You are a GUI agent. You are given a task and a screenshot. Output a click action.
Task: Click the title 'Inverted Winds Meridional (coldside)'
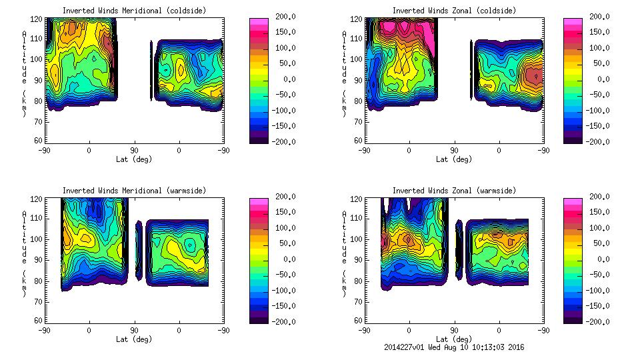[134, 11]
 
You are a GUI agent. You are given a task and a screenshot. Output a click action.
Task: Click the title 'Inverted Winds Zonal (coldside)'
[453, 11]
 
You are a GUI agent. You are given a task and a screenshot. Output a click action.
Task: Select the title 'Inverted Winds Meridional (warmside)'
[134, 191]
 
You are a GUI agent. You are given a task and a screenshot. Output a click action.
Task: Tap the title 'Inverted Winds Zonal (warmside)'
[453, 191]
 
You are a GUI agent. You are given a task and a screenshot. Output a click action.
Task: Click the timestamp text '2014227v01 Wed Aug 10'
[437, 347]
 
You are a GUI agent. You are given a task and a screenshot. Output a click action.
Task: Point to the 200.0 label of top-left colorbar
[283, 17]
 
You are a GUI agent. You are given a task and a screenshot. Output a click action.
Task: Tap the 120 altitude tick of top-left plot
[37, 19]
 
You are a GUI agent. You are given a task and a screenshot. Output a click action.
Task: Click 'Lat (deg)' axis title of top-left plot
[134, 159]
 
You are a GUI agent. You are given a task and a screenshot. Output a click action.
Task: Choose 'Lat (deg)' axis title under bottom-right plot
[453, 339]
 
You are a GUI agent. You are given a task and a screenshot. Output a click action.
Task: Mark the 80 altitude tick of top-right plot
[358, 101]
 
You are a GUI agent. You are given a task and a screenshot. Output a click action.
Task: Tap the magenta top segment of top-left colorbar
[258, 21]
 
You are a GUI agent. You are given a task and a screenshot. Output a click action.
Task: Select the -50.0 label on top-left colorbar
[283, 95]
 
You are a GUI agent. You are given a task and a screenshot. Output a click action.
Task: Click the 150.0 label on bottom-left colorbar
[283, 213]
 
